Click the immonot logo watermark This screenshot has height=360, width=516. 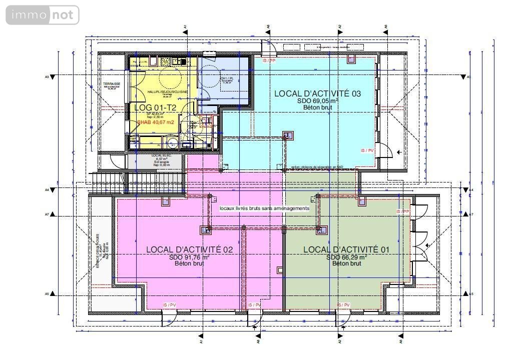pos(43,15)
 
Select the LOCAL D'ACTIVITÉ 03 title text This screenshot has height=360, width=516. pos(317,93)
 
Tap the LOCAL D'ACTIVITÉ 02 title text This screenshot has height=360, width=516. pos(190,249)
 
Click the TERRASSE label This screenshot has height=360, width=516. pos(112,84)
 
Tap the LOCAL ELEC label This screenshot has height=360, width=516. pos(161,156)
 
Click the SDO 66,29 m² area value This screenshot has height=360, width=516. pos(347,257)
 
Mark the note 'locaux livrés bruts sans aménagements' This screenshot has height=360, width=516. pos(264,208)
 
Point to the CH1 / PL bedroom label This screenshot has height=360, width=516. pos(227,79)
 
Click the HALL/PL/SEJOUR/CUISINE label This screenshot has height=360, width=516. pos(168,92)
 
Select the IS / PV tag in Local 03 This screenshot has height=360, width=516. pos(367,150)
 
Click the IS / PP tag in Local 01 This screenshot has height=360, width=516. pos(403,211)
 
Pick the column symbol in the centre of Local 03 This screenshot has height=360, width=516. pos(287,135)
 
